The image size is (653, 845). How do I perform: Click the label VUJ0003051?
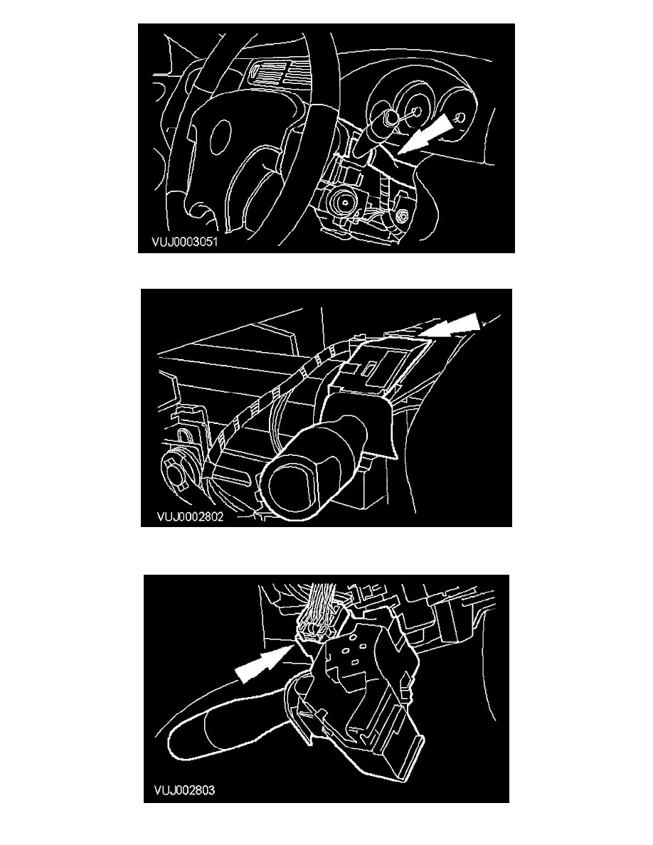pos(184,242)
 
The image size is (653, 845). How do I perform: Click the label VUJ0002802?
pos(190,517)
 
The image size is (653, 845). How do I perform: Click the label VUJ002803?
pos(184,790)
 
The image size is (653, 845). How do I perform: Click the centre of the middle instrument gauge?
pos(416,112)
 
